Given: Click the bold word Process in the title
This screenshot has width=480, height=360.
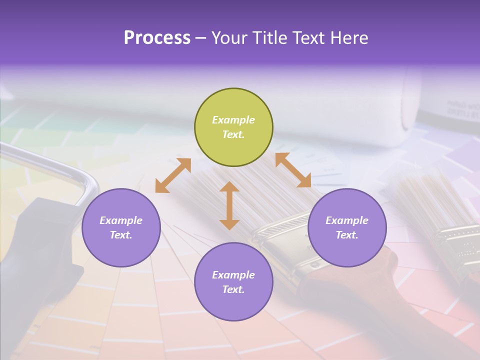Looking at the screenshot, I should point(157,38).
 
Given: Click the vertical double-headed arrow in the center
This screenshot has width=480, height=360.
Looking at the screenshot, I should point(229,205).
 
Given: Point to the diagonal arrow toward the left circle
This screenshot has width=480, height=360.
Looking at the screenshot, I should point(173,175).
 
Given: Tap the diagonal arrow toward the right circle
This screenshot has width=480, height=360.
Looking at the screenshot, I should point(293,170).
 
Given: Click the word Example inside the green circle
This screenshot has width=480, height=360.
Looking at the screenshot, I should point(233,120).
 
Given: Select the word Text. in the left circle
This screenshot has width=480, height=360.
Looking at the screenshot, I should point(121,235).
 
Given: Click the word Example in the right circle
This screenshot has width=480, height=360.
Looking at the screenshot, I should point(347,220).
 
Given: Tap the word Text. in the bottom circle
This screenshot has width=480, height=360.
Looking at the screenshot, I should point(233,289).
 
